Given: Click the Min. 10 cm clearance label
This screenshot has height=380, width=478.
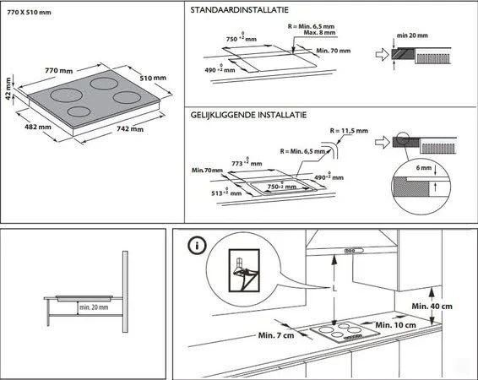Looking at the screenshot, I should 394,324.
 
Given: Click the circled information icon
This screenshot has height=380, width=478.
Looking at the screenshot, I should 197,247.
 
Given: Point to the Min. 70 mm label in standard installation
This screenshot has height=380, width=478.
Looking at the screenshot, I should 332,51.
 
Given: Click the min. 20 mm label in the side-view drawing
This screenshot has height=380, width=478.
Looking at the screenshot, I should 94,307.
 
